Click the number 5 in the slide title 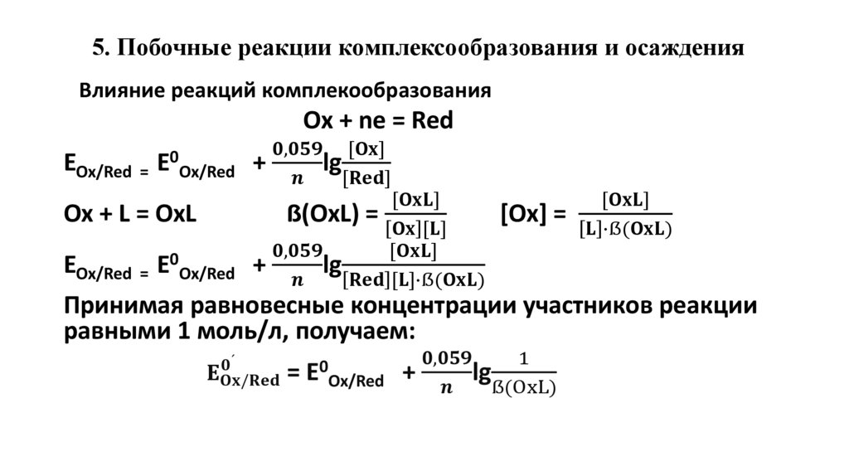(x=98, y=48)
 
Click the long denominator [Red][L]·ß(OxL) (x=415, y=279)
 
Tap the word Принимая (x=123, y=307)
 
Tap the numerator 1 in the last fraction (x=523, y=359)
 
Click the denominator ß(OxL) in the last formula (x=524, y=386)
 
